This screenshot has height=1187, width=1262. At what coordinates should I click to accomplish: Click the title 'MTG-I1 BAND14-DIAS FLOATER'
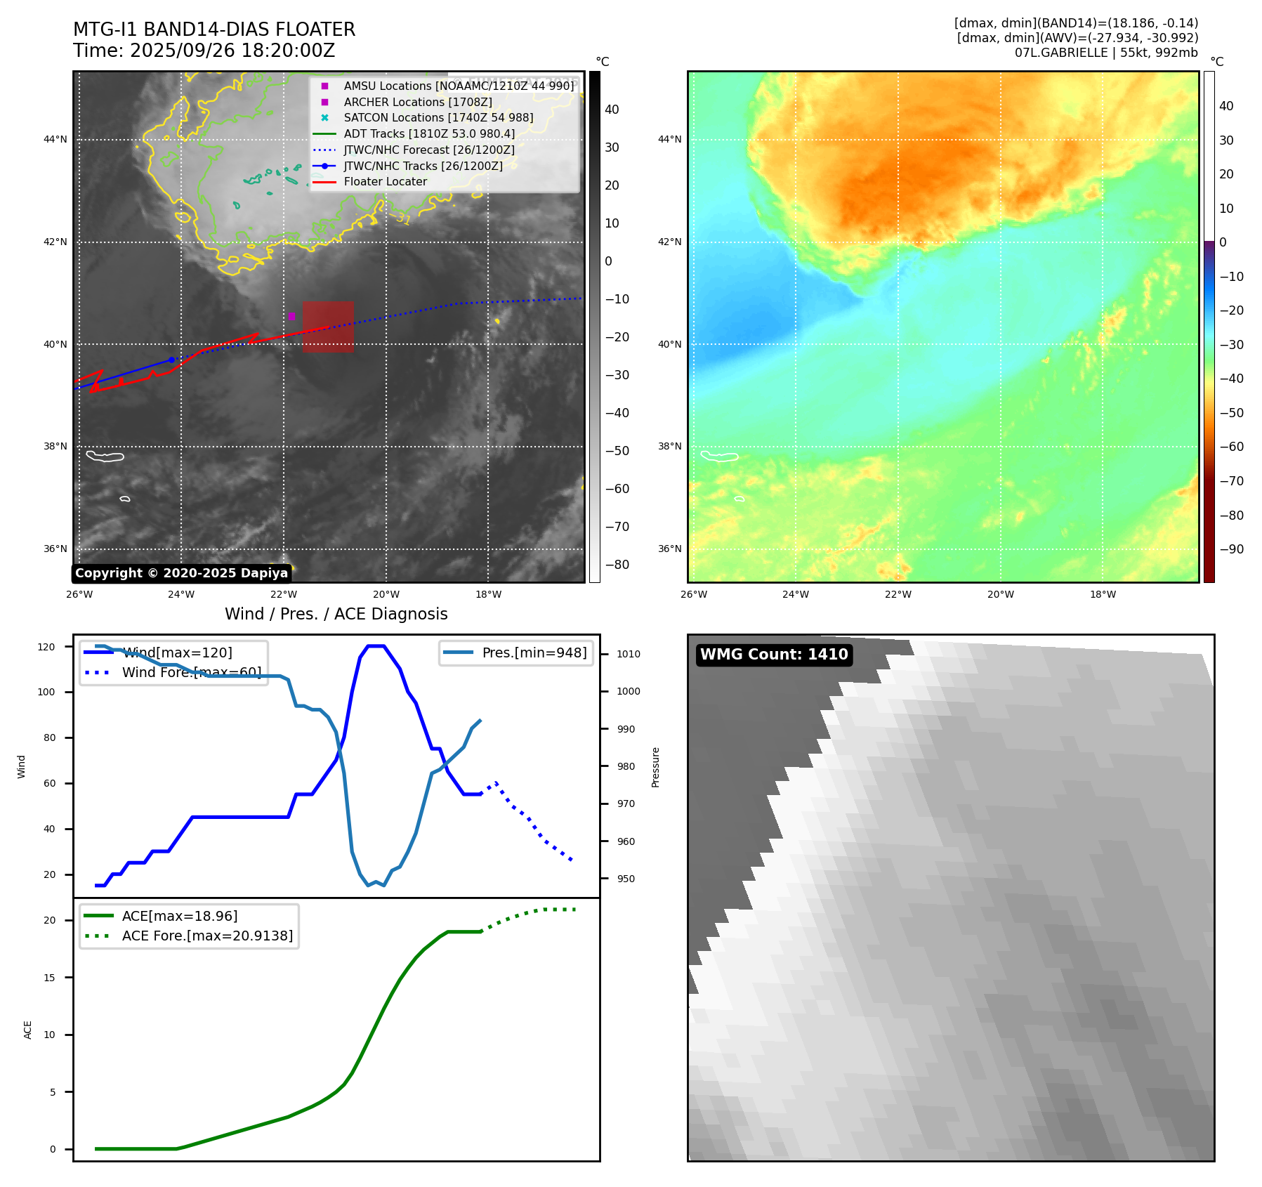[214, 29]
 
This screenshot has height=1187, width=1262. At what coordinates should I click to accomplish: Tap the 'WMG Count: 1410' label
[774, 655]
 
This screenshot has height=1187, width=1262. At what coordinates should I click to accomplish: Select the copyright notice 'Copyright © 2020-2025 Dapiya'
[181, 573]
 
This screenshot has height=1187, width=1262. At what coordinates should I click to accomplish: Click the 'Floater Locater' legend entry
[385, 181]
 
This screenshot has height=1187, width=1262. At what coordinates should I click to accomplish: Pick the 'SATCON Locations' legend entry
[438, 117]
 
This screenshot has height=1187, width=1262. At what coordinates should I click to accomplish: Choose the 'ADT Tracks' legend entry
[429, 133]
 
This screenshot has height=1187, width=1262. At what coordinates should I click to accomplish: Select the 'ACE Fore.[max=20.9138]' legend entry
[207, 936]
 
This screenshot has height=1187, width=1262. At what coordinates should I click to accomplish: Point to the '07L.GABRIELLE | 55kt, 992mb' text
[1106, 53]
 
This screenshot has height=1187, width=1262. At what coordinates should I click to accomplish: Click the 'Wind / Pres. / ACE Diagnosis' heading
[336, 614]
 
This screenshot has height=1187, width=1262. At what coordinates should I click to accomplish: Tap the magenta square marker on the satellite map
[291, 316]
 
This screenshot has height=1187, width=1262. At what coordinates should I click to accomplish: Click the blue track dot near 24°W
[171, 360]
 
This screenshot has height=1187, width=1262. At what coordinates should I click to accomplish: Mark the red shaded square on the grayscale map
[328, 327]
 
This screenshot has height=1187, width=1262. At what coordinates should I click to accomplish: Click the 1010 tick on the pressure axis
[629, 654]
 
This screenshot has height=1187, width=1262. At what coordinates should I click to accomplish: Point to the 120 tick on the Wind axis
[46, 647]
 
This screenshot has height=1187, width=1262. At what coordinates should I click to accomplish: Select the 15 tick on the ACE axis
[49, 978]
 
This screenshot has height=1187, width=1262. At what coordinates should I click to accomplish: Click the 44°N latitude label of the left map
[55, 139]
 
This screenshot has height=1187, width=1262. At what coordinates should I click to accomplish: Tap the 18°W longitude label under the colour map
[1103, 594]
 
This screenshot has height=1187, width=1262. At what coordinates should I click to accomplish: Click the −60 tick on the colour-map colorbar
[1231, 447]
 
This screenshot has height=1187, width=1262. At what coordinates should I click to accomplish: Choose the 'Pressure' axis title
[655, 767]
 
